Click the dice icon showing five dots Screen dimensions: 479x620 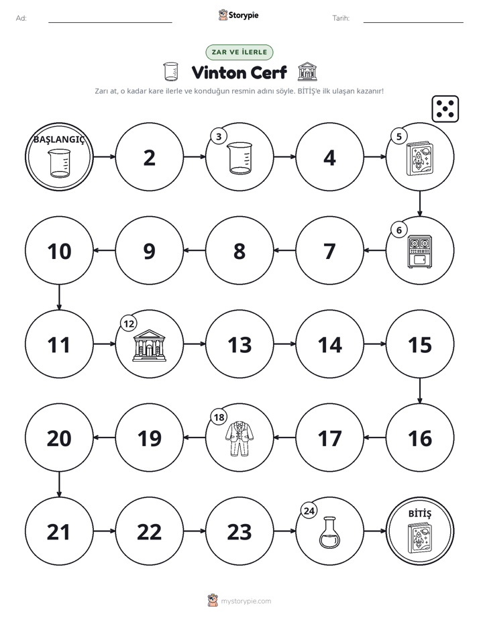pos(445,109)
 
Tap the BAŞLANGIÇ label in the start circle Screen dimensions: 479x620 pos(59,140)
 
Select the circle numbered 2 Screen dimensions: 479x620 pos(150,157)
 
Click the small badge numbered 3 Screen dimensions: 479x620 pos(219,136)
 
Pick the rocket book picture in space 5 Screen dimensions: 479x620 pos(420,159)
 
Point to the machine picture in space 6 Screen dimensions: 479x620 pos(420,252)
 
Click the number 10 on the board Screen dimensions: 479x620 pos(59,251)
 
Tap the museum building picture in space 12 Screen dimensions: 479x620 pos(150,345)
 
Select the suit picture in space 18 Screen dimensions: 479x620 pos(239,439)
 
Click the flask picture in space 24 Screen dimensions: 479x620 pos(329,533)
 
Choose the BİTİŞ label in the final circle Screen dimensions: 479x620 pos(420,513)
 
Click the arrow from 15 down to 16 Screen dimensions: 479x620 pos(420,391)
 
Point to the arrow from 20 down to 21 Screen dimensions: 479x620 pos(59,484)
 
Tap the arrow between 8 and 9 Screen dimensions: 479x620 pos(195,250)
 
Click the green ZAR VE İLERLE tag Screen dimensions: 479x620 pos(239,52)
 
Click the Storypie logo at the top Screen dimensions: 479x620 pos(239,15)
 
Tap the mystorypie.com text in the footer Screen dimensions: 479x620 pos(246,601)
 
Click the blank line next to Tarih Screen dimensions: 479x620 pos(413,22)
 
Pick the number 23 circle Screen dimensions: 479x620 pos(239,531)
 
